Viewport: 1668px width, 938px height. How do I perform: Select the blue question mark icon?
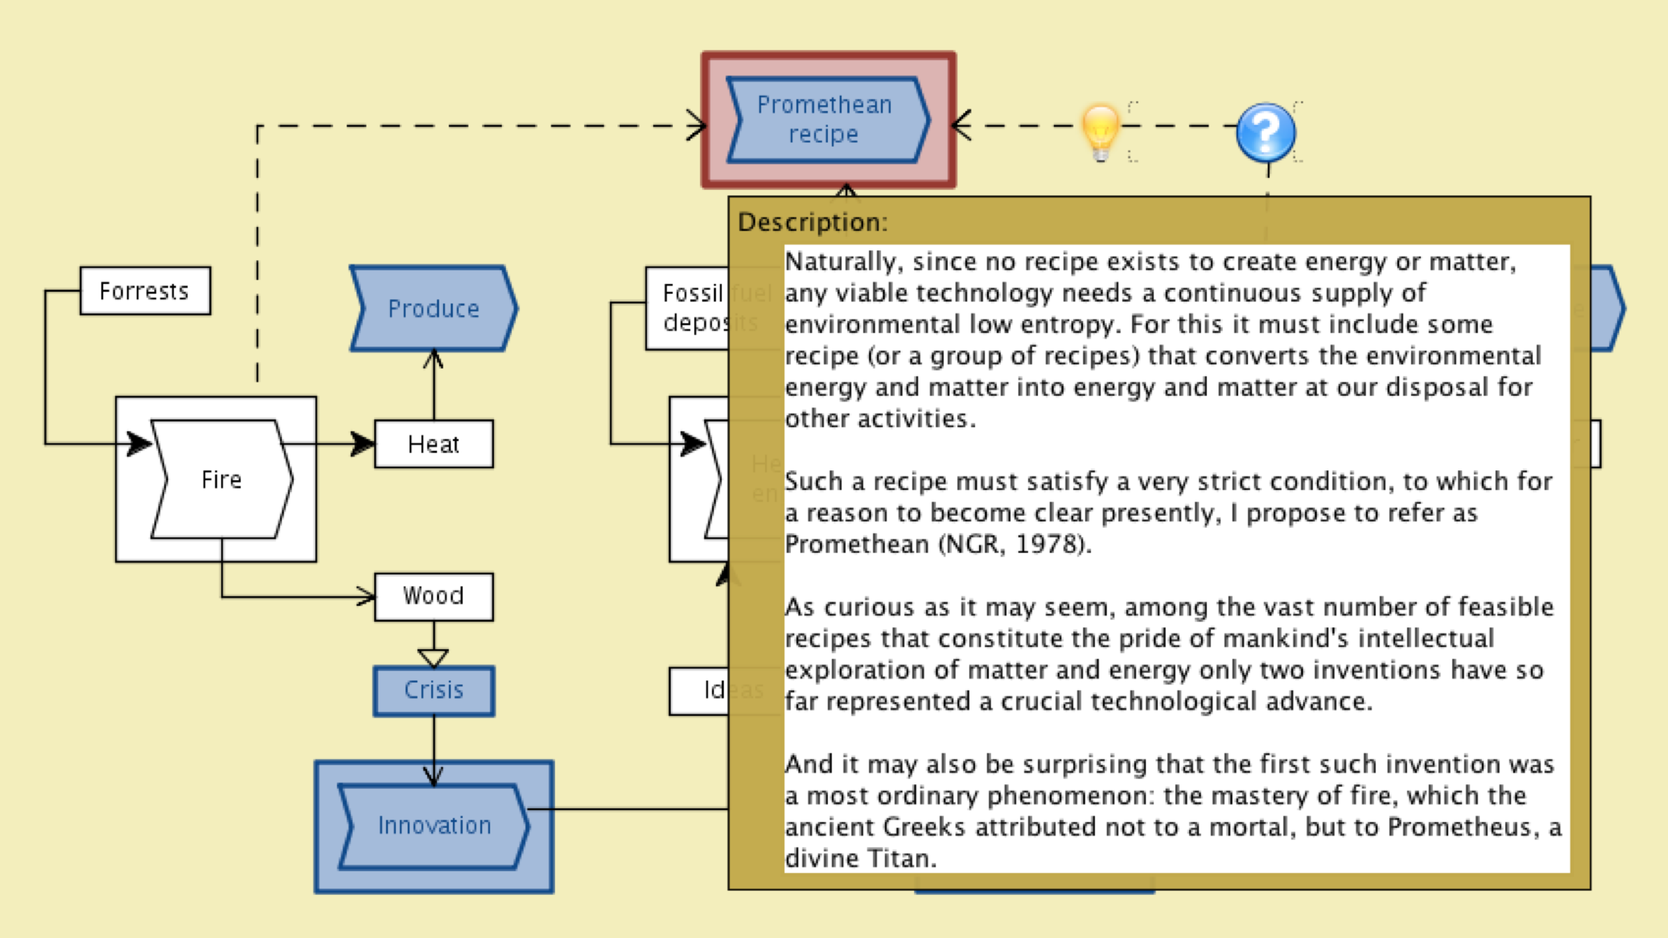[1265, 131]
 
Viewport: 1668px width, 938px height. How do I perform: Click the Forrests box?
[144, 290]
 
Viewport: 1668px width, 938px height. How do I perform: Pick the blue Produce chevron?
[433, 308]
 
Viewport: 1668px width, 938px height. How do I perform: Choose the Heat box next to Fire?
[433, 444]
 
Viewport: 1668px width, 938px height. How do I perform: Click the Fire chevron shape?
[222, 479]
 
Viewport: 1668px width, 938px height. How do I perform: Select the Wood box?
[433, 596]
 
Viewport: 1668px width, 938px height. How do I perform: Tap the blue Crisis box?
[433, 690]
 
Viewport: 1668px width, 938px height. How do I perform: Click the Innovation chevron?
[433, 826]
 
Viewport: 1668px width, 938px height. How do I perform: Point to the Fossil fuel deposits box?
[687, 308]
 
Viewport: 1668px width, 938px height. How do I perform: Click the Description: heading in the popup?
[812, 222]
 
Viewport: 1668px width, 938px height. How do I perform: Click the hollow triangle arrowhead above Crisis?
[433, 657]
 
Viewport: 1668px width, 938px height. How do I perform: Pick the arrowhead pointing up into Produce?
[433, 359]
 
